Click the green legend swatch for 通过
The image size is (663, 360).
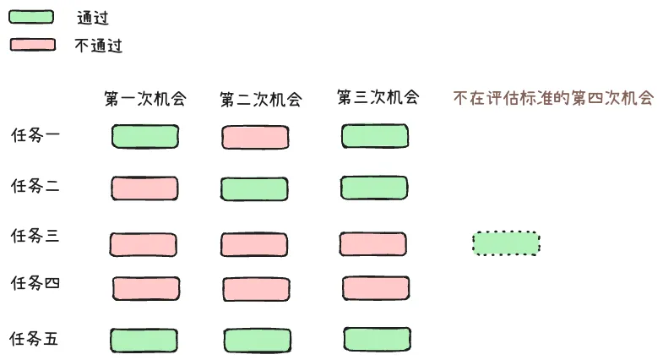31,16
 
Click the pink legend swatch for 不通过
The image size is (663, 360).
32,45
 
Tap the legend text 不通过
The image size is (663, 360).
98,46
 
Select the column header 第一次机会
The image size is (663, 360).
144,98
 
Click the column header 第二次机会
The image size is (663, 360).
260,99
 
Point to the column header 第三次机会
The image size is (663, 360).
378,97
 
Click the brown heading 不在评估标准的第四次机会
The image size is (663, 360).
553,97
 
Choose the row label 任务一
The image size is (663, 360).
35,134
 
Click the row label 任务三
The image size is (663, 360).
35,236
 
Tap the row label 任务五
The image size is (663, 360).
35,339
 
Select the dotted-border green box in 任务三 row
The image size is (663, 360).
506,243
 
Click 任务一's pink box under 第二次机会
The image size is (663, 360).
256,137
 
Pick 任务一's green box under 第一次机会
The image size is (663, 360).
145,136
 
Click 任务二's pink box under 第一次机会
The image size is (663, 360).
144,188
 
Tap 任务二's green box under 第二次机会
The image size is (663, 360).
255,188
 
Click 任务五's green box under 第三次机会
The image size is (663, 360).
377,338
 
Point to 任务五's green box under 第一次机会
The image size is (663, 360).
144,340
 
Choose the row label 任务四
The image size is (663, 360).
35,282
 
